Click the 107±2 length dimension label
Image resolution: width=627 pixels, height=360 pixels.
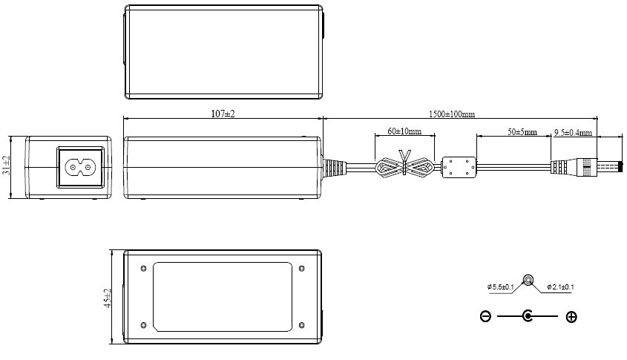[x=223, y=114]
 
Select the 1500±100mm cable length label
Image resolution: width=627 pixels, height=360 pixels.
[x=452, y=114]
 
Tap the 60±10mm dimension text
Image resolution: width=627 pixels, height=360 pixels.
[x=404, y=131]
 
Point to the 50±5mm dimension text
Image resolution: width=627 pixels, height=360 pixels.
[x=522, y=132]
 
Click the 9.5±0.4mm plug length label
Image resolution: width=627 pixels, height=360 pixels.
[x=573, y=132]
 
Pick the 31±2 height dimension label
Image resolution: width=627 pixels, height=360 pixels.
[x=6, y=166]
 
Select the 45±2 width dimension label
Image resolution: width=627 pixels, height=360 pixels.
[x=107, y=298]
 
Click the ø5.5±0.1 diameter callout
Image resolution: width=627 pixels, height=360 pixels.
[x=501, y=287]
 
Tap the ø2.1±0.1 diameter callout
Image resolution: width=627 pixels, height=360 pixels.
[x=561, y=287]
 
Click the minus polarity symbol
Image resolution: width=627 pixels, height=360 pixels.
[x=485, y=316]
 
